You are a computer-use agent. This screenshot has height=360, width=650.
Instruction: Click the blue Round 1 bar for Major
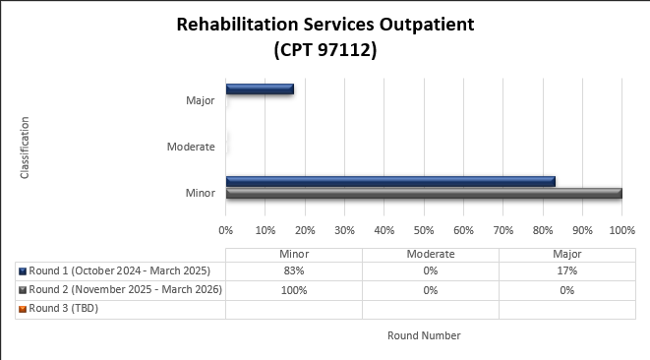coord(260,90)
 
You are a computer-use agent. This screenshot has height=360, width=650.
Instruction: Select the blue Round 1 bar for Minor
coord(390,181)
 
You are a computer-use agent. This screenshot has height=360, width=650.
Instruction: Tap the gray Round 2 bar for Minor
coord(423,193)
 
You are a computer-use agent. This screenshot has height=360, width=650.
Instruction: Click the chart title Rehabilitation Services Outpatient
coord(325,25)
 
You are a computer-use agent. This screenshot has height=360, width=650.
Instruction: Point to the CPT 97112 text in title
coord(325,49)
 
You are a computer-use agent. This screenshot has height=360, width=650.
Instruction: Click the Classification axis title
coord(25,148)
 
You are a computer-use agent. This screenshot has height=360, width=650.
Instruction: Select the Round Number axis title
coord(423,335)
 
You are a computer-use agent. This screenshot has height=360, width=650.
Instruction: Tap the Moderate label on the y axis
coord(191,147)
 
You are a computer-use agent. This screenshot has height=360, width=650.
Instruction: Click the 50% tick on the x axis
coord(423,230)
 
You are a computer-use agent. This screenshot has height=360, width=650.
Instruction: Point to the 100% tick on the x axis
coord(621,230)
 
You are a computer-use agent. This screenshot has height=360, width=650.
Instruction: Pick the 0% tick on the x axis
coord(225,230)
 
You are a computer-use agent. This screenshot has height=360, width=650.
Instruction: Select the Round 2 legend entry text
coord(126,289)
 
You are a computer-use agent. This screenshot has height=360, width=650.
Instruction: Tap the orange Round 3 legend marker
coord(22,309)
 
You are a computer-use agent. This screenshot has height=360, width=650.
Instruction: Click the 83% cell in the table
coord(293,270)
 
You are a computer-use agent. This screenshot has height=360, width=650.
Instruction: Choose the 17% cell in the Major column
coord(566,270)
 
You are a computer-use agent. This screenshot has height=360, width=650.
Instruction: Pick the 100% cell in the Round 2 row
coord(293,290)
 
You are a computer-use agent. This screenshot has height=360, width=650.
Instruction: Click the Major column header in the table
coord(566,254)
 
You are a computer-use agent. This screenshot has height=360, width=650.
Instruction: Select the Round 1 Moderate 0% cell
coord(431,270)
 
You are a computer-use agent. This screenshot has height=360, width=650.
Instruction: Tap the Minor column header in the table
coord(293,254)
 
